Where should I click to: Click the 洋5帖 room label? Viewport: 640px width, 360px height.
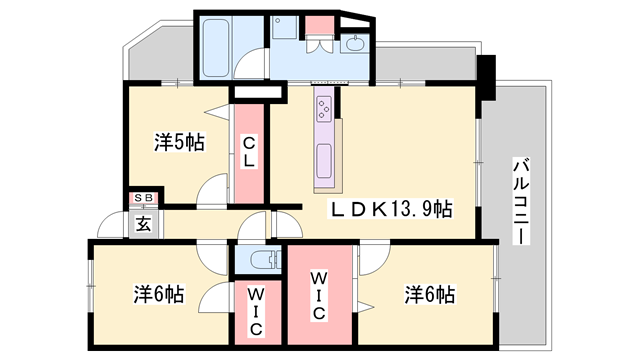click(x=179, y=142)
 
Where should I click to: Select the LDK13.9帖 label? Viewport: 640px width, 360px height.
click(x=392, y=210)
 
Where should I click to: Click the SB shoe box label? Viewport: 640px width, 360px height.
click(x=144, y=200)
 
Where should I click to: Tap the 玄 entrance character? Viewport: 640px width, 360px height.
click(x=144, y=221)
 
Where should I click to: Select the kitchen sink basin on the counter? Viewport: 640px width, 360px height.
click(x=325, y=159)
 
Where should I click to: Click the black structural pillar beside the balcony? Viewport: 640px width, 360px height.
click(x=487, y=78)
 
